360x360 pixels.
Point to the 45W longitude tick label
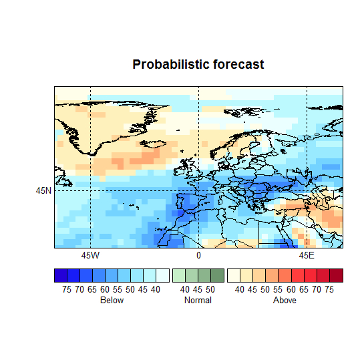(x=90, y=256)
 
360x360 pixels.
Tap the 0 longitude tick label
(x=198, y=256)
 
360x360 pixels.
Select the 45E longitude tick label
(x=307, y=256)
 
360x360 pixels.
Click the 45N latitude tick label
(x=43, y=190)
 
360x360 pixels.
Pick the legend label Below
(x=112, y=301)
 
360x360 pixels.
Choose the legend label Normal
(x=198, y=301)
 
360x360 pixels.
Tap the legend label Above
(x=285, y=301)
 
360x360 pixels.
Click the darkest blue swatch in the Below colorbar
(x=61, y=275)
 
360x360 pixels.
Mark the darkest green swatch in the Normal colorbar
(x=217, y=275)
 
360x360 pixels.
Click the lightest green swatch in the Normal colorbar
(x=179, y=275)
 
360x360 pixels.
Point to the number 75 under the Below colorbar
(x=67, y=289)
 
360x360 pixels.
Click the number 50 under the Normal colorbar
(x=210, y=289)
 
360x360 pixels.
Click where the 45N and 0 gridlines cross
(x=198, y=190)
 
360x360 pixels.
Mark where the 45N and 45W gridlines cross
(x=90, y=190)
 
